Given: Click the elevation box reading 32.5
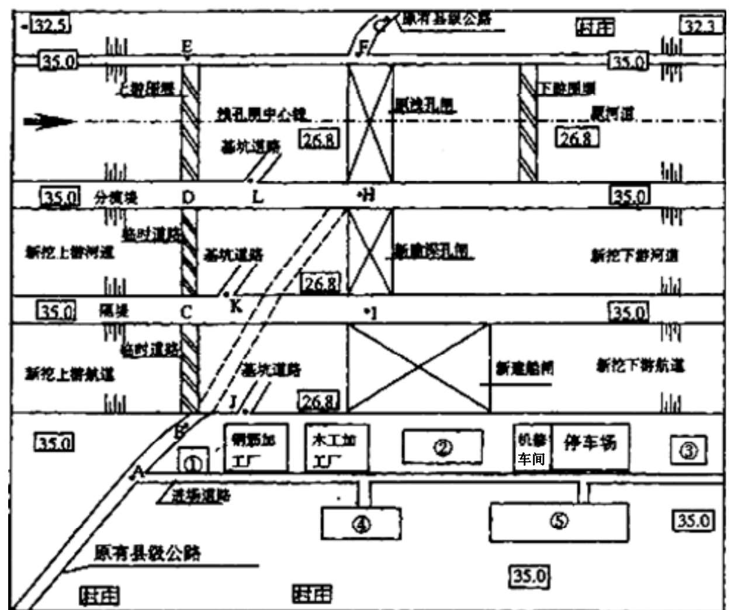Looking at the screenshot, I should [50, 25].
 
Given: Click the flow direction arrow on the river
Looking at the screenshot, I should [50, 122].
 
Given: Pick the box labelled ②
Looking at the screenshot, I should [443, 448].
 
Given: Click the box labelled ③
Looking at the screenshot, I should [688, 450].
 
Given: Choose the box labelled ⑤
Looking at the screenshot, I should [559, 521].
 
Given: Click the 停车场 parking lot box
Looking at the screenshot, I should [590, 446].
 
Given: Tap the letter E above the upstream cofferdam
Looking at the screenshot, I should [187, 47].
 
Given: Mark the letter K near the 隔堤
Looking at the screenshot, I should [235, 306].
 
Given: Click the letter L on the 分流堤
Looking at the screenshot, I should [257, 197].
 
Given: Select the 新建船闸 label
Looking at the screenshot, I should [524, 368].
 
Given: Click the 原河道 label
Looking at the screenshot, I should [612, 113].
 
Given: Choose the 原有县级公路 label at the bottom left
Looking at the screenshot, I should [147, 553].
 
